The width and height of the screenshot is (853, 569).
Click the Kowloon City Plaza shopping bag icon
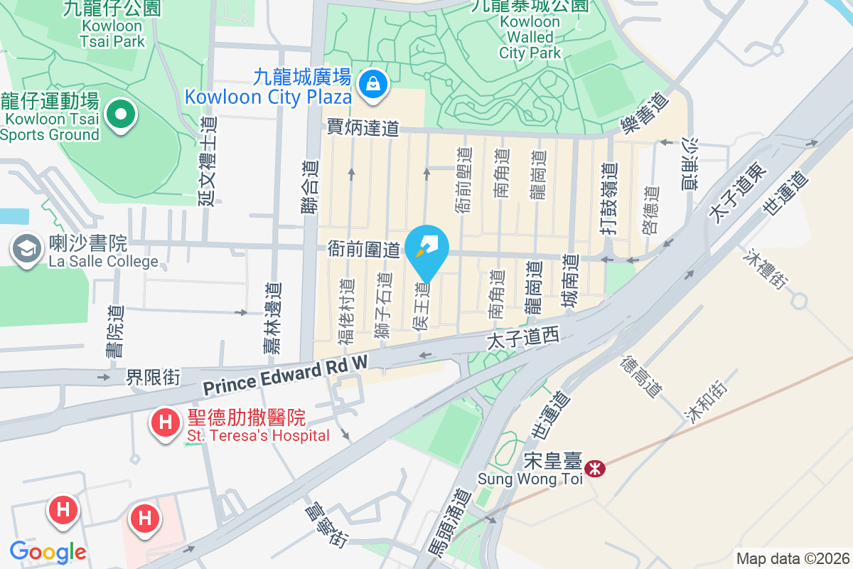tap(371, 84)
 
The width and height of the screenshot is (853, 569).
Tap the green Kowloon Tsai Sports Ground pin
tap(121, 113)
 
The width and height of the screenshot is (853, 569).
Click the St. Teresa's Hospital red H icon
tap(166, 422)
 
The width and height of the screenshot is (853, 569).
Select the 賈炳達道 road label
tap(363, 128)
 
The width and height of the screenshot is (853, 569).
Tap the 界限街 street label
tap(154, 376)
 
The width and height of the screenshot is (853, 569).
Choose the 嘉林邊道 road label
tap(272, 317)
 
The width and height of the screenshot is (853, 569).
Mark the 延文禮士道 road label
tap(208, 161)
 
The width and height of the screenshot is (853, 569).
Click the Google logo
tap(48, 551)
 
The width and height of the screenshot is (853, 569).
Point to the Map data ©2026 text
tap(793, 558)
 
